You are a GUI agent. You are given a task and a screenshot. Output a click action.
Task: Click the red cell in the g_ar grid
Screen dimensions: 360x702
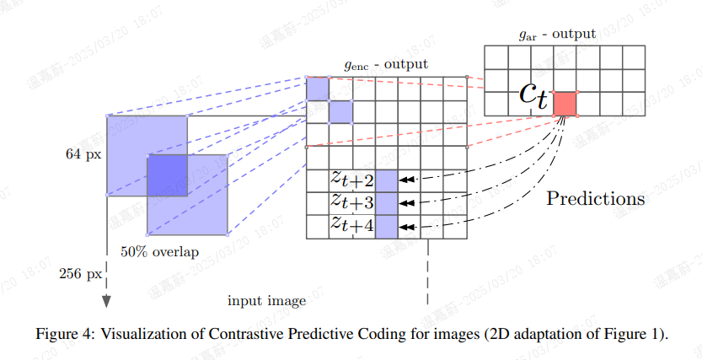click(565, 103)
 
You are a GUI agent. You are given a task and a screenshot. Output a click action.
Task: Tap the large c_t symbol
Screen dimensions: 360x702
click(533, 96)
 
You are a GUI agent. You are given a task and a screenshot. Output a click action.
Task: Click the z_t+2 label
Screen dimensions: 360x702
click(351, 180)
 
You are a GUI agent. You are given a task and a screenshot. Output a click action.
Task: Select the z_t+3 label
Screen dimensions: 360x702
click(351, 202)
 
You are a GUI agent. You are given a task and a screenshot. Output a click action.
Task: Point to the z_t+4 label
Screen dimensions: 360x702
click(351, 225)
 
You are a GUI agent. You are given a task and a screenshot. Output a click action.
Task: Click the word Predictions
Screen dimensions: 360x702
click(596, 199)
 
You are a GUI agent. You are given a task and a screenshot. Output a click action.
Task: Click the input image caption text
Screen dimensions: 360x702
click(266, 301)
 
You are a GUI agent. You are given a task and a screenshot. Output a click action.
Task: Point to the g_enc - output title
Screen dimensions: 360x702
click(386, 64)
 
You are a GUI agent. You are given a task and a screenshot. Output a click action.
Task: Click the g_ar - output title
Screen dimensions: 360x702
click(557, 34)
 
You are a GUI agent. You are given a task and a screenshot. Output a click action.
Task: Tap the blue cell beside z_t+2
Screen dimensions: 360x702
click(386, 180)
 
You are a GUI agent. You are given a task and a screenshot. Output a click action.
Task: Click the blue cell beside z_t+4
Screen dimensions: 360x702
click(386, 226)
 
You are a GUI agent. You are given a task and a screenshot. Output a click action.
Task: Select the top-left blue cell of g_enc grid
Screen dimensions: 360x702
click(317, 89)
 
